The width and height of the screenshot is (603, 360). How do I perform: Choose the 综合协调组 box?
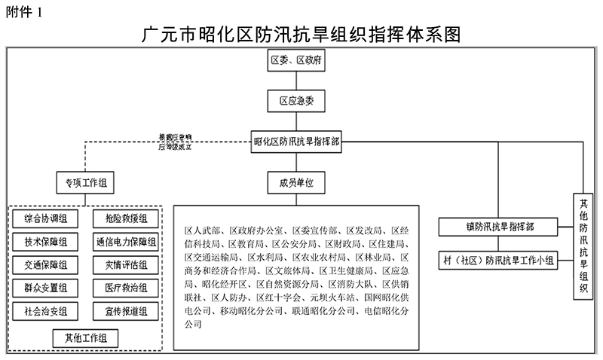46,219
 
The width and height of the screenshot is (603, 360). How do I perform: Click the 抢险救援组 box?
125,219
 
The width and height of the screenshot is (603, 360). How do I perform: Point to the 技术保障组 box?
46,242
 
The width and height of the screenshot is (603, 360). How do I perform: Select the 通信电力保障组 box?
125,242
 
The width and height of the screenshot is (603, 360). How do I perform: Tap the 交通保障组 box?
46,264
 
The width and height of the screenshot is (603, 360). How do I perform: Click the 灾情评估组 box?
125,264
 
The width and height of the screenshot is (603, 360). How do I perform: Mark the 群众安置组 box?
46,287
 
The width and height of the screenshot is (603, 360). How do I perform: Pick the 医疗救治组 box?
125,287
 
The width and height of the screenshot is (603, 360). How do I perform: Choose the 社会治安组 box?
46,310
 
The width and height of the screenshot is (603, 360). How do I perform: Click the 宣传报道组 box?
125,310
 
